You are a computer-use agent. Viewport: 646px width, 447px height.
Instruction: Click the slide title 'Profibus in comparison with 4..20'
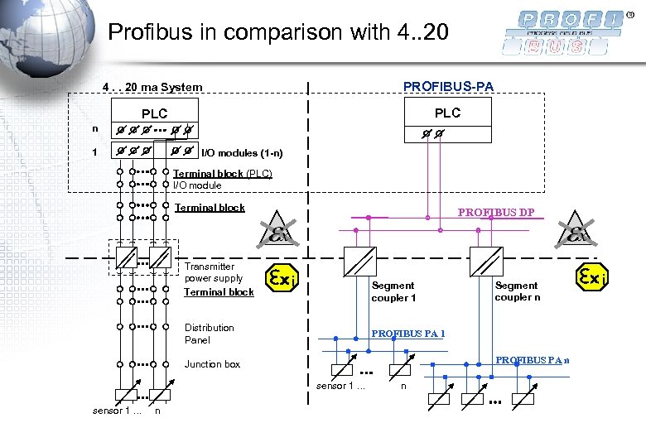coord(278,33)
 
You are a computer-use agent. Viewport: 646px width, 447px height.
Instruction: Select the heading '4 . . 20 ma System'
coord(152,87)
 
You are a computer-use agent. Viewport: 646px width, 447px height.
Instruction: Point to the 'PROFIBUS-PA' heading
coord(448,86)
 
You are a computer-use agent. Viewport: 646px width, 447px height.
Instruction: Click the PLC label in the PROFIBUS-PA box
coord(447,113)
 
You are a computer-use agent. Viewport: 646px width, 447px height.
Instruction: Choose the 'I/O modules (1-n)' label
coord(242,153)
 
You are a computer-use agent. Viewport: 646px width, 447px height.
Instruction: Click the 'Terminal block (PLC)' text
coord(222,174)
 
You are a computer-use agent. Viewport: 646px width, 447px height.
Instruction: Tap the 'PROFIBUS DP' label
coord(496,213)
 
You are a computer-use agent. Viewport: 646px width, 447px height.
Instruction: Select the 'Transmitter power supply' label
coord(213,272)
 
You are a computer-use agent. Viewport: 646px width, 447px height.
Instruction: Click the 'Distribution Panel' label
coord(209,334)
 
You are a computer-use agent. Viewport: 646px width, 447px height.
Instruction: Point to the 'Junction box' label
coord(212,364)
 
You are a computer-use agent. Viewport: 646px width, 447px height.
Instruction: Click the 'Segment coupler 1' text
coord(393,291)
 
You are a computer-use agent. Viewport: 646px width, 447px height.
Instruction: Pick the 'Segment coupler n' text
coord(517,291)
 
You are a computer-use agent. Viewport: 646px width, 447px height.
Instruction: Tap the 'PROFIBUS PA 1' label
coord(408,334)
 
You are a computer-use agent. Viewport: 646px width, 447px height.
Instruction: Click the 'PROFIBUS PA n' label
coord(532,359)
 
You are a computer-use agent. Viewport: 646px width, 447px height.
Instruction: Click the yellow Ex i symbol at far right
coord(592,276)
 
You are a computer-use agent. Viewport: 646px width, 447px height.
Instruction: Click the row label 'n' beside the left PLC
coord(94,129)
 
